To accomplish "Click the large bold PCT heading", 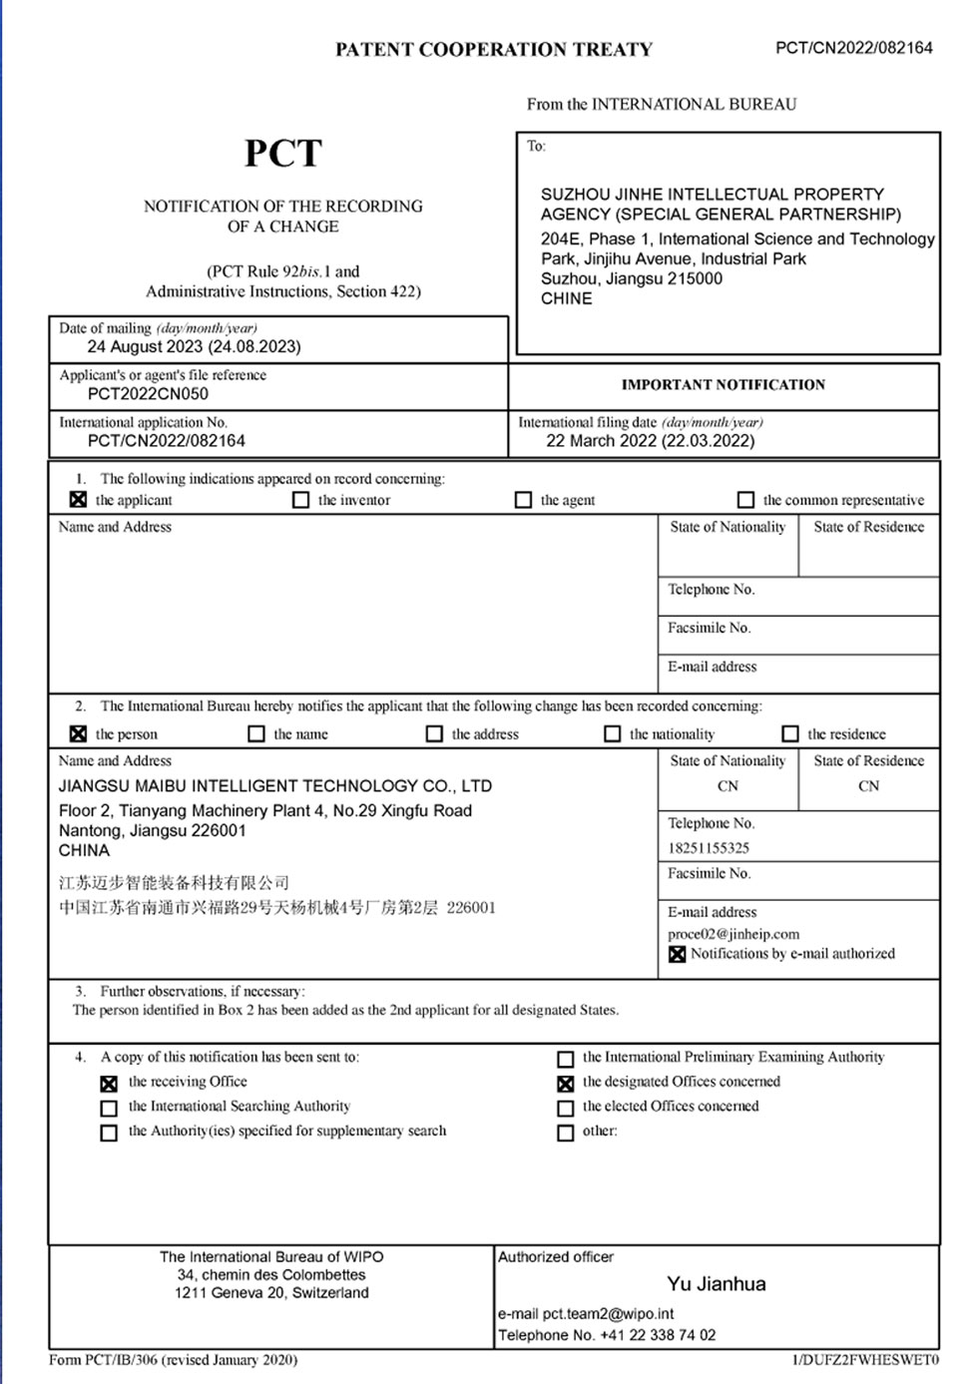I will click(283, 154).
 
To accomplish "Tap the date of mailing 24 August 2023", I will click(194, 347).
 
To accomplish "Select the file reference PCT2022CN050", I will click(148, 394).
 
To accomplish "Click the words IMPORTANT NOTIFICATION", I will click(723, 385).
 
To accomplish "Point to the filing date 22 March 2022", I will click(650, 441).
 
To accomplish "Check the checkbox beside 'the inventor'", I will click(300, 500).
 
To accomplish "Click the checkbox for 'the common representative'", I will click(745, 500).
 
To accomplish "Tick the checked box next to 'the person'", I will click(78, 734).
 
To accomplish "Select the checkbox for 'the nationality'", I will click(612, 734).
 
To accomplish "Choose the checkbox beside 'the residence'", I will click(790, 734).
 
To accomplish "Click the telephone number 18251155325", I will click(709, 848).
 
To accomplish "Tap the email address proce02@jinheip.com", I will click(733, 935).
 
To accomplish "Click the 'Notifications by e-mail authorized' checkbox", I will click(677, 955).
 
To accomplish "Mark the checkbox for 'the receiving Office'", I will click(109, 1084).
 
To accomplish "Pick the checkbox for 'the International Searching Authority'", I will click(109, 1109).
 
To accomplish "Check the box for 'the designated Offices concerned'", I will click(565, 1084).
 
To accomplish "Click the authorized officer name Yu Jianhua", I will click(717, 1284).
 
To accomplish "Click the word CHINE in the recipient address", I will click(566, 299).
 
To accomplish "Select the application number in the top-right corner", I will click(853, 48).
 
